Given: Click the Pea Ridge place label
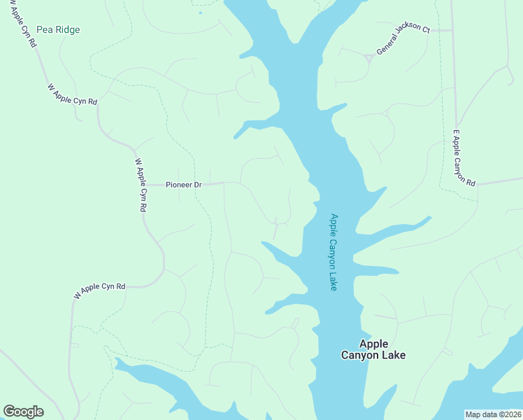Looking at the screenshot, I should (58, 29).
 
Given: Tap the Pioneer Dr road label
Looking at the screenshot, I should (183, 185).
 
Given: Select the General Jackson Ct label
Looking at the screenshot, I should (403, 39).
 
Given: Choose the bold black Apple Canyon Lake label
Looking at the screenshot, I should (373, 349).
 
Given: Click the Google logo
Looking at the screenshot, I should (23, 412).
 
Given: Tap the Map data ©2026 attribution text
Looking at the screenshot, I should (493, 414).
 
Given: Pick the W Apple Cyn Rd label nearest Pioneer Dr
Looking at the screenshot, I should (141, 185).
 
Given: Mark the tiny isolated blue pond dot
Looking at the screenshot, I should (200, 12).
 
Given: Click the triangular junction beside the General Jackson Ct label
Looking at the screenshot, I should (367, 58).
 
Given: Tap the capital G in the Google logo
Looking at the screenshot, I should (9, 412).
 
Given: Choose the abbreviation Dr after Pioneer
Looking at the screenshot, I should (197, 185).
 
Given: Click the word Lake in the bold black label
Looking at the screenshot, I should (393, 355).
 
